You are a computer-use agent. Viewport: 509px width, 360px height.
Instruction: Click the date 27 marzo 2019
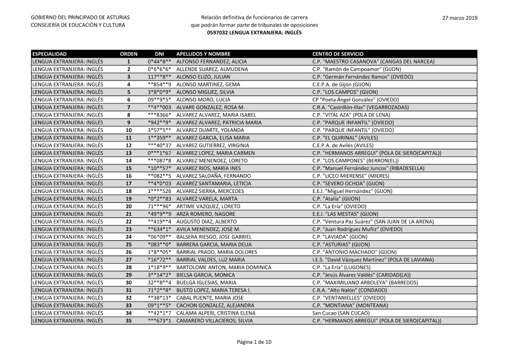click(x=460, y=18)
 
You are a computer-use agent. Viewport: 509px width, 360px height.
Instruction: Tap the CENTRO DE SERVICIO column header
click(x=337, y=53)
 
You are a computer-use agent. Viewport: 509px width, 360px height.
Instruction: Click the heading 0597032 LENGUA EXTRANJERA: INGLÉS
click(x=254, y=32)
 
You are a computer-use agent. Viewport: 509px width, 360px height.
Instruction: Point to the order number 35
click(x=128, y=321)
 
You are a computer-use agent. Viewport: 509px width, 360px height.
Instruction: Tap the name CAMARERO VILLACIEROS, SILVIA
click(x=214, y=321)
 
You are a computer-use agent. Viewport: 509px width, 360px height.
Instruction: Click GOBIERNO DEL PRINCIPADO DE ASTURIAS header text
click(x=80, y=18)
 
